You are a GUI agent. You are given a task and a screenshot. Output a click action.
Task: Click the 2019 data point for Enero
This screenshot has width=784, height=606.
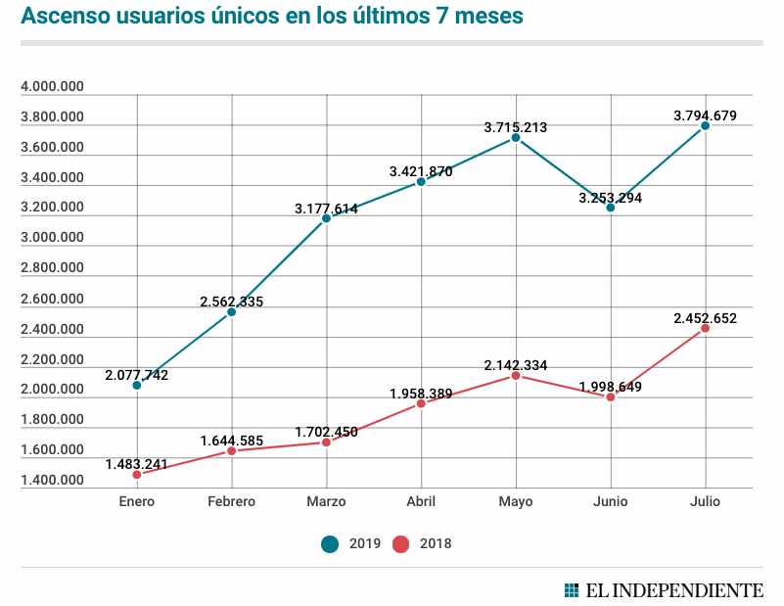[137, 385]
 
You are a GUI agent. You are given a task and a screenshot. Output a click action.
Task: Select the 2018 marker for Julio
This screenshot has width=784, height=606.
[705, 328]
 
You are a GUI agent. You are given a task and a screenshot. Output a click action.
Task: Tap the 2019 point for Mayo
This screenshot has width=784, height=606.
[516, 138]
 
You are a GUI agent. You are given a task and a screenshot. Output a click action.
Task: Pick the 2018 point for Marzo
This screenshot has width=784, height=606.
[326, 442]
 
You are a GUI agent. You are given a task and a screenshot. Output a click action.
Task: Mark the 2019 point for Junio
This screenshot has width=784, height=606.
[611, 208]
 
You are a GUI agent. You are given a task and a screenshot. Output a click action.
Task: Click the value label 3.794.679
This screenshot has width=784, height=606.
[705, 116]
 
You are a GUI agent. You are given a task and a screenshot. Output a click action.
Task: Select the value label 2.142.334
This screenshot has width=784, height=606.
[516, 365]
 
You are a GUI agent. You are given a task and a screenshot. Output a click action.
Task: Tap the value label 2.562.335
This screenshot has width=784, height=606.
[232, 302]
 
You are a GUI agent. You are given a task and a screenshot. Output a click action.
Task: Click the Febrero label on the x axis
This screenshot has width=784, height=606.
[232, 501]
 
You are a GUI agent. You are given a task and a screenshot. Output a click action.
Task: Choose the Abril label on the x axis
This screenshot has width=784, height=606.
[421, 501]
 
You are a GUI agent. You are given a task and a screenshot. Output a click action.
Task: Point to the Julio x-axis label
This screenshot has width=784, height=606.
[705, 501]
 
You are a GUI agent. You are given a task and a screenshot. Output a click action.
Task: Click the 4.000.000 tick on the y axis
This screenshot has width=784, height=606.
[52, 87]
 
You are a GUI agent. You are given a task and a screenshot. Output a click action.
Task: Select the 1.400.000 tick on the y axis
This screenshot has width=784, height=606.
[52, 481]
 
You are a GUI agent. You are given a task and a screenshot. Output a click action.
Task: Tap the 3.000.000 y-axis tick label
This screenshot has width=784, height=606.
[52, 238]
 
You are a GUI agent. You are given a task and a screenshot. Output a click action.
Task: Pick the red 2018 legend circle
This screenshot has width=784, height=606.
[401, 543]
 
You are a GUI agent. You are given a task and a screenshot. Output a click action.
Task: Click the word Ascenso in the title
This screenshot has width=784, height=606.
[63, 17]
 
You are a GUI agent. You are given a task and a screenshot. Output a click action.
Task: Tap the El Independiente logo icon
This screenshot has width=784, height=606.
[572, 590]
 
